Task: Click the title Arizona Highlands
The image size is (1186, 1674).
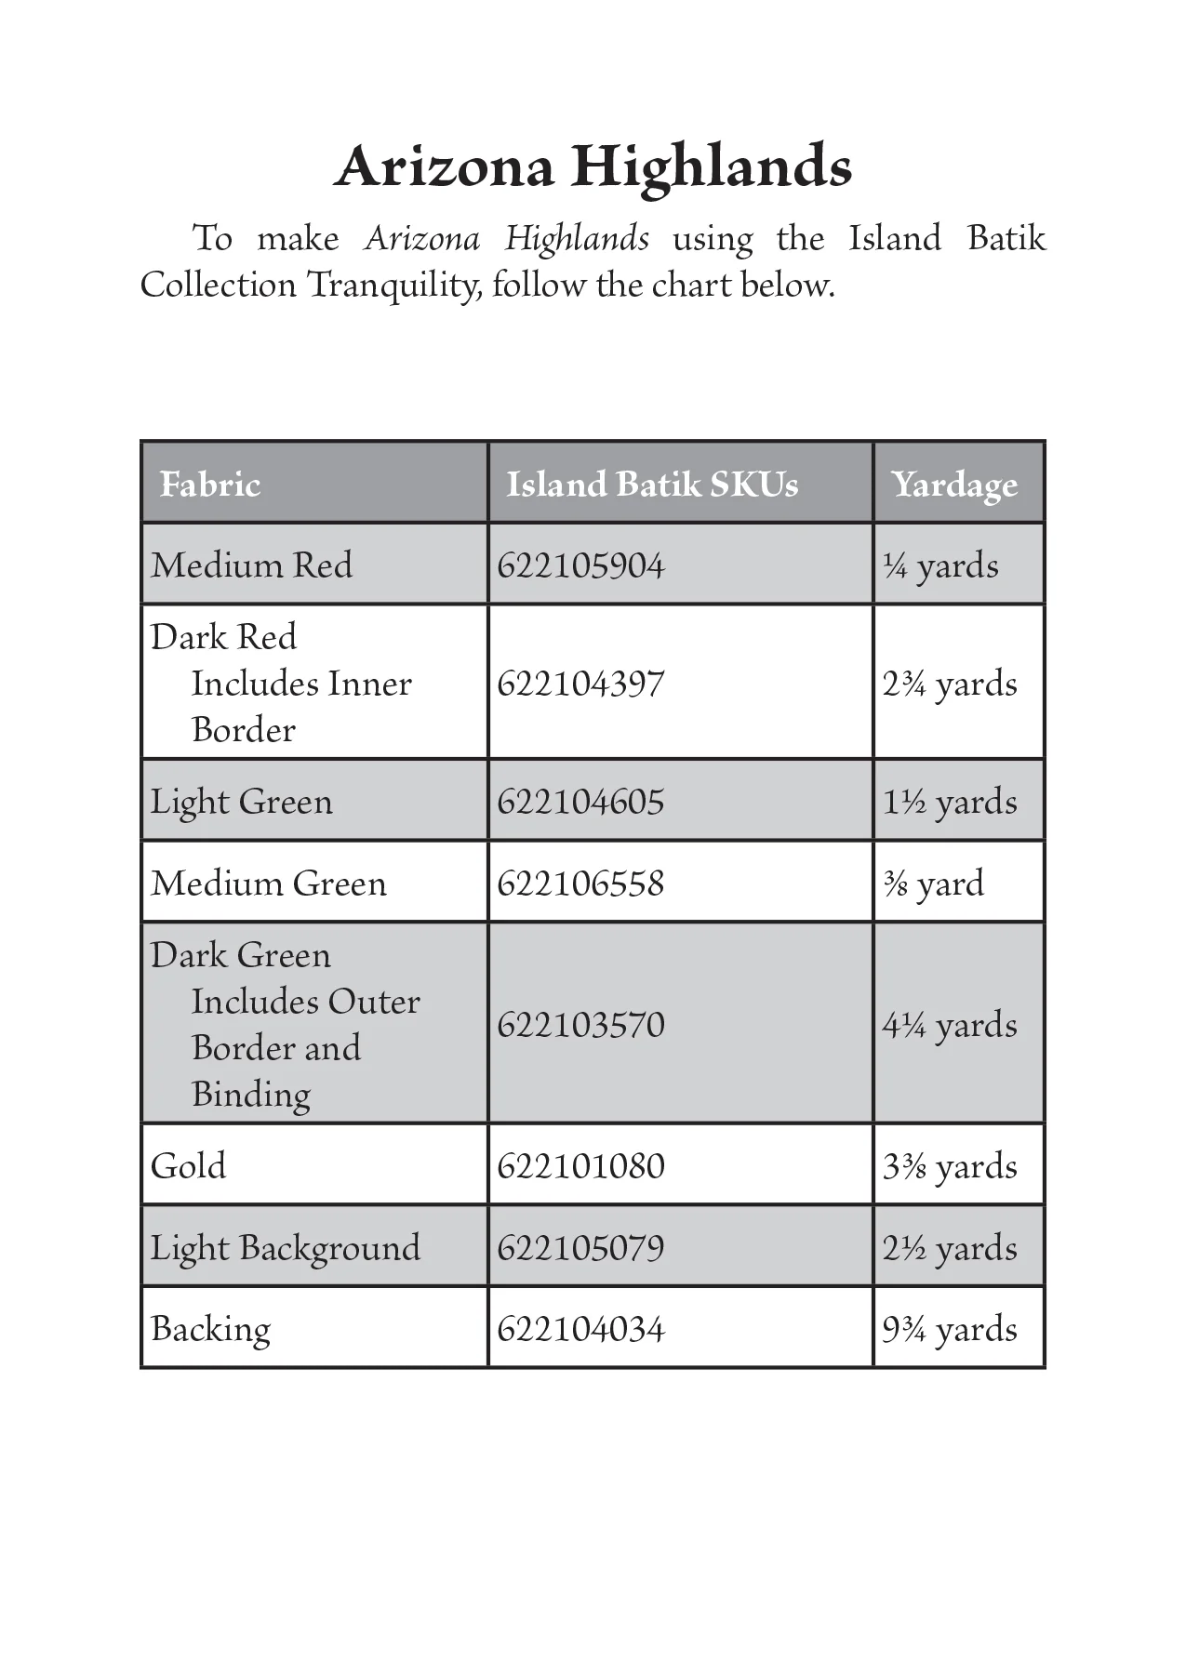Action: (593, 168)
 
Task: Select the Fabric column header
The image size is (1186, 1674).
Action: (210, 485)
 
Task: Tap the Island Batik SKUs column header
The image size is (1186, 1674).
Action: (652, 485)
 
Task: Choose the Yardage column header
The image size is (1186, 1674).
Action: (954, 485)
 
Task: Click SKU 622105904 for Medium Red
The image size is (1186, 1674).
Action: (580, 565)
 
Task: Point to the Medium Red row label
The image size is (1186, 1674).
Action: (251, 565)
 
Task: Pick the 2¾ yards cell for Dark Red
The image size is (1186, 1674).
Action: (950, 684)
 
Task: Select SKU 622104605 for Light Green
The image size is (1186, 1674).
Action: (580, 802)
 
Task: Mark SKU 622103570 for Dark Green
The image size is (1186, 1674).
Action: (580, 1025)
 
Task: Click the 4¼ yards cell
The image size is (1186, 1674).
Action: (950, 1025)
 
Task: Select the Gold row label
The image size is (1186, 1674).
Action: (188, 1166)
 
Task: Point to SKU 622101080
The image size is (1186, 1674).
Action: (580, 1166)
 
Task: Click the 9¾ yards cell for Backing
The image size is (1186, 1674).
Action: (950, 1329)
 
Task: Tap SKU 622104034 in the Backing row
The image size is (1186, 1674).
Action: (580, 1329)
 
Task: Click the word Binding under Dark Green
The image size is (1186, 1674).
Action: (250, 1095)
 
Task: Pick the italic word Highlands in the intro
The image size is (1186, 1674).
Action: (577, 239)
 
